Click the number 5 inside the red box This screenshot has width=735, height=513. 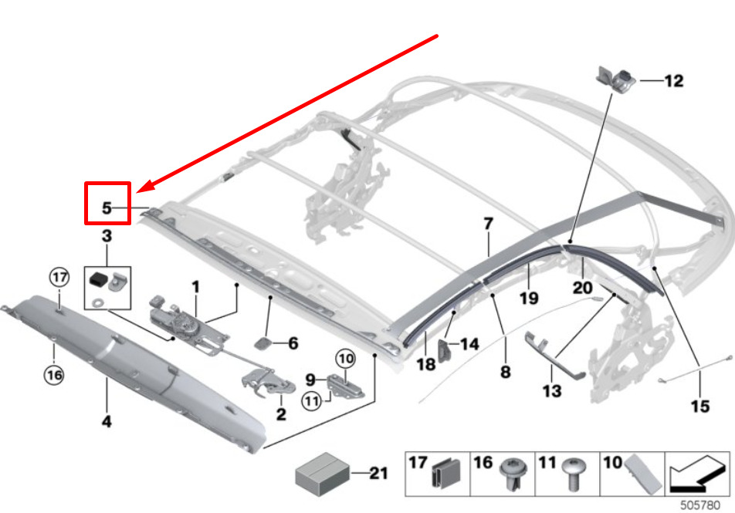pos(107,208)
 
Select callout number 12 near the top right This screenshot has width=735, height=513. pos(673,80)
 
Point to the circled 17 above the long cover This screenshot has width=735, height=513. pos(59,276)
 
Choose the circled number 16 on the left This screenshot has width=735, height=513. pos(52,376)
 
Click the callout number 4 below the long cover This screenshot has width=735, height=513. pos(106,421)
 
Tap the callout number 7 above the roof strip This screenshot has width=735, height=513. pos(488,224)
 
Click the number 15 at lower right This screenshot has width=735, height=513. pos(699,405)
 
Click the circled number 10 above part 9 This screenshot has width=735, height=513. pos(345,358)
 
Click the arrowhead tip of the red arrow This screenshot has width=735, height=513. pos(139,190)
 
